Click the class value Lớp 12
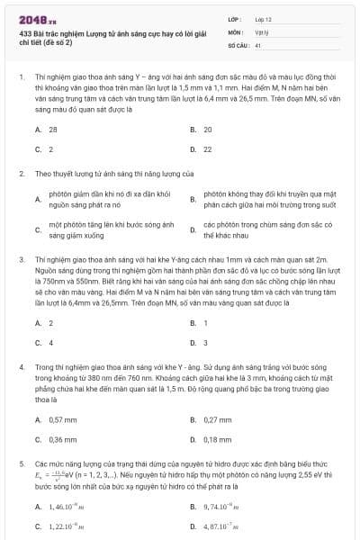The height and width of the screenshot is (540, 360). [263, 19]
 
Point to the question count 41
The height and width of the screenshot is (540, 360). [258, 44]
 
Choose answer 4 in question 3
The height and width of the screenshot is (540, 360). [50, 343]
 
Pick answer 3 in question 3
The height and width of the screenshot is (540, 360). [205, 343]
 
